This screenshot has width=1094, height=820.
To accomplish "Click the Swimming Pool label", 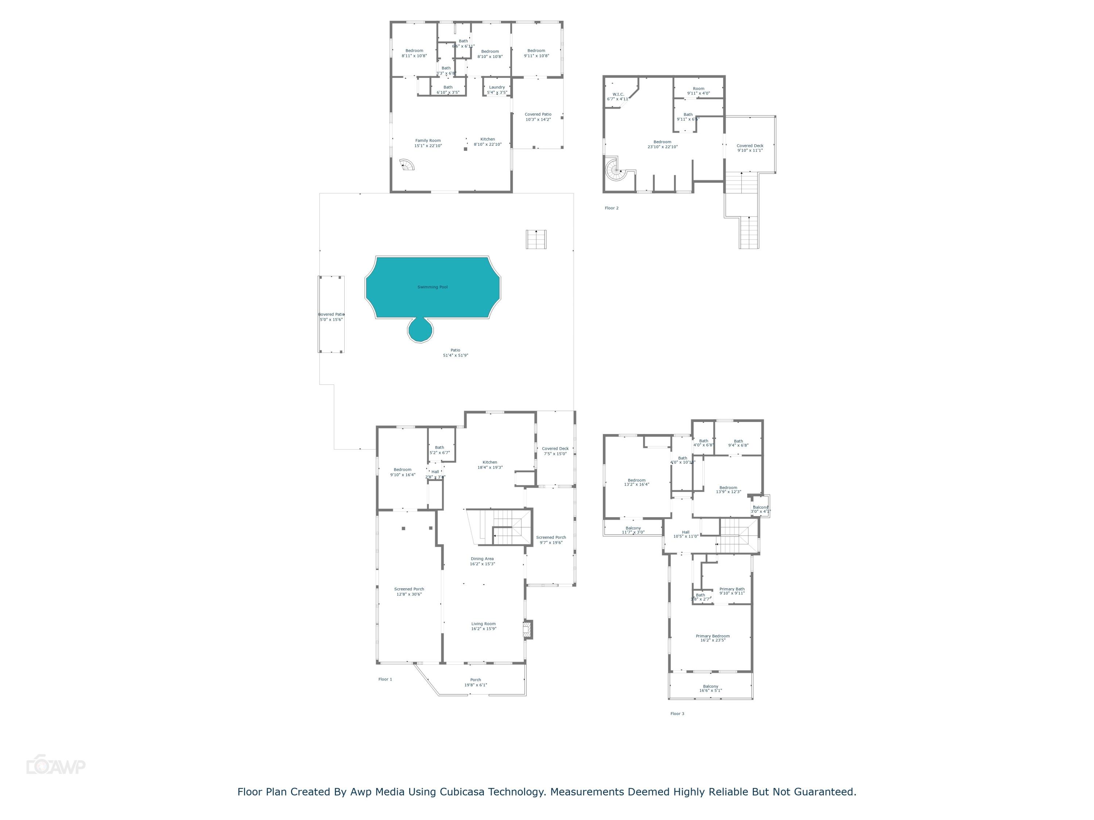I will pyautogui.click(x=432, y=287).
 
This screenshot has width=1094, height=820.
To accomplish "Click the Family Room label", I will pyautogui.click(x=428, y=143).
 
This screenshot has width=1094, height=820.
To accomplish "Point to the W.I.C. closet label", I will pyautogui.click(x=618, y=96).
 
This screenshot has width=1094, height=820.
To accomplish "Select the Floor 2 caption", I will pyautogui.click(x=611, y=208).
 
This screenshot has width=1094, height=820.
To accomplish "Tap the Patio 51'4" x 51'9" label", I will pyautogui.click(x=455, y=353).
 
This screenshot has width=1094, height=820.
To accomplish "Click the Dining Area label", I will pyautogui.click(x=482, y=561).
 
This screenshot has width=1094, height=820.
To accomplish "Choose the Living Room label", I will pyautogui.click(x=483, y=626).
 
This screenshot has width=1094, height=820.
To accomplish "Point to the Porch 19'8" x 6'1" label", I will pyautogui.click(x=475, y=682).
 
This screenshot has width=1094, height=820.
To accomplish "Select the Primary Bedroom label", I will pyautogui.click(x=712, y=638).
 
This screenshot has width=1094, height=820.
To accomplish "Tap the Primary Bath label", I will pyautogui.click(x=732, y=591).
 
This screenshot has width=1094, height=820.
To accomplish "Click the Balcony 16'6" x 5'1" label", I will pyautogui.click(x=710, y=688).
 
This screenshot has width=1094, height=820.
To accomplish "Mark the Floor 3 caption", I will pyautogui.click(x=677, y=714).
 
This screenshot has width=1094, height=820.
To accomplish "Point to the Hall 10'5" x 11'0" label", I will pyautogui.click(x=686, y=534).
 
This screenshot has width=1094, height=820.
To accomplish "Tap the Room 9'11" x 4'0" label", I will pyautogui.click(x=698, y=91).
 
